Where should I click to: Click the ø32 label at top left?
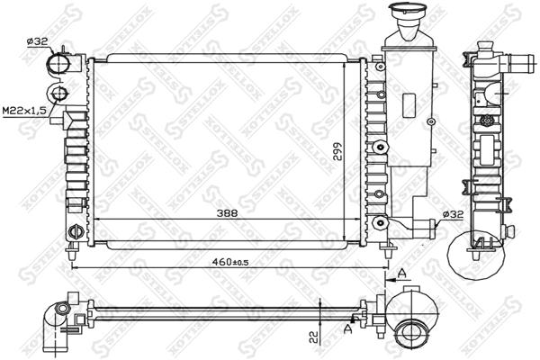point(37,41)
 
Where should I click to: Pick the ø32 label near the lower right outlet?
point(452,213)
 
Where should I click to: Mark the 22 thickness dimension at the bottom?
point(311,337)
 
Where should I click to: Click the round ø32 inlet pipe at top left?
point(58,64)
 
